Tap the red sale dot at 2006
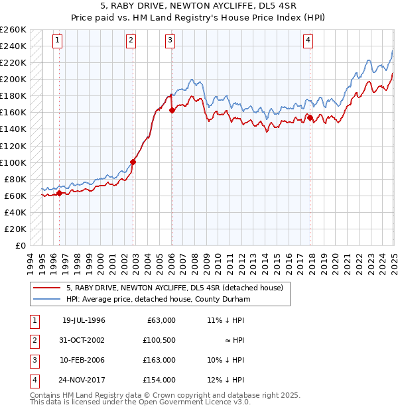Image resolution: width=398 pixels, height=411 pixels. tap(172, 110)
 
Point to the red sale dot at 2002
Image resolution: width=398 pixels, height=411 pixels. tap(133, 162)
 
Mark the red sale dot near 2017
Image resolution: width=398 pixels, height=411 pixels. tap(310, 118)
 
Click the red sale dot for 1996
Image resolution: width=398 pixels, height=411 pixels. tap(59, 193)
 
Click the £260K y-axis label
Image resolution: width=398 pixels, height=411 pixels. tap(13, 30)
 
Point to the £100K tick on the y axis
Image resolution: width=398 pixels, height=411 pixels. tap(13, 162)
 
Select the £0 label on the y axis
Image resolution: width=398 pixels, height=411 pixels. tap(20, 245)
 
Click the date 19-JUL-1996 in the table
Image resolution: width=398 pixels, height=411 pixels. tap(84, 320)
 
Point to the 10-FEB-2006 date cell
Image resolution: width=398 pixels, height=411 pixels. tap(84, 360)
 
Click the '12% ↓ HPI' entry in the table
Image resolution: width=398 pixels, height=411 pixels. tap(226, 380)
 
